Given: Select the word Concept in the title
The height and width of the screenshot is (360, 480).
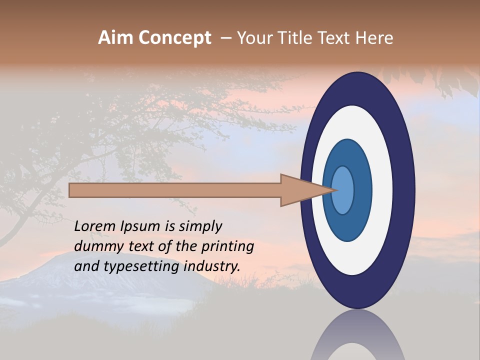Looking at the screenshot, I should coord(174,38).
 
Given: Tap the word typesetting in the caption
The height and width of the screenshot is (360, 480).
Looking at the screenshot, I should coord(141,266).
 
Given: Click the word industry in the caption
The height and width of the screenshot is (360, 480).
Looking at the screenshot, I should coord(211,266).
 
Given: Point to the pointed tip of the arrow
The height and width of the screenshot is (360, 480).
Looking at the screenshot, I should coord(336,190).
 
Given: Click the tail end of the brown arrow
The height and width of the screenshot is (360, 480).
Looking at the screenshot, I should coord(71,190).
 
